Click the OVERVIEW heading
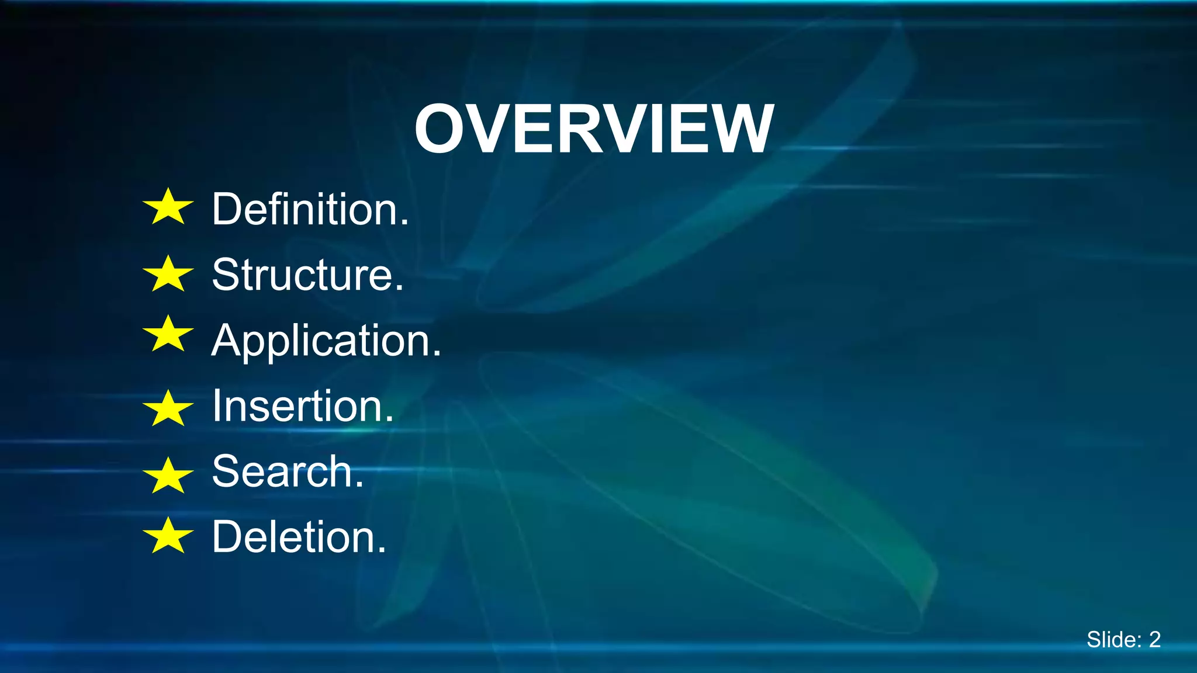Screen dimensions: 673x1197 coord(594,129)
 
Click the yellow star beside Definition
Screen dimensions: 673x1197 coord(168,207)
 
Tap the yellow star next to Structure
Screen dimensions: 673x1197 coord(168,274)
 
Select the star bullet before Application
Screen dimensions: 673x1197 coord(168,335)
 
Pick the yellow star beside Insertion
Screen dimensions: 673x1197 coord(168,409)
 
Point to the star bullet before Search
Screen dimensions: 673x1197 coord(168,476)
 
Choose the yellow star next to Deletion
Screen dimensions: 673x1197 coord(168,536)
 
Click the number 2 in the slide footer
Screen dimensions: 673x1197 coord(1154,640)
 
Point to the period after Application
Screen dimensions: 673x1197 coord(436,353)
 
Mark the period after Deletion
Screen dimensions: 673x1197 coord(382,550)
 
